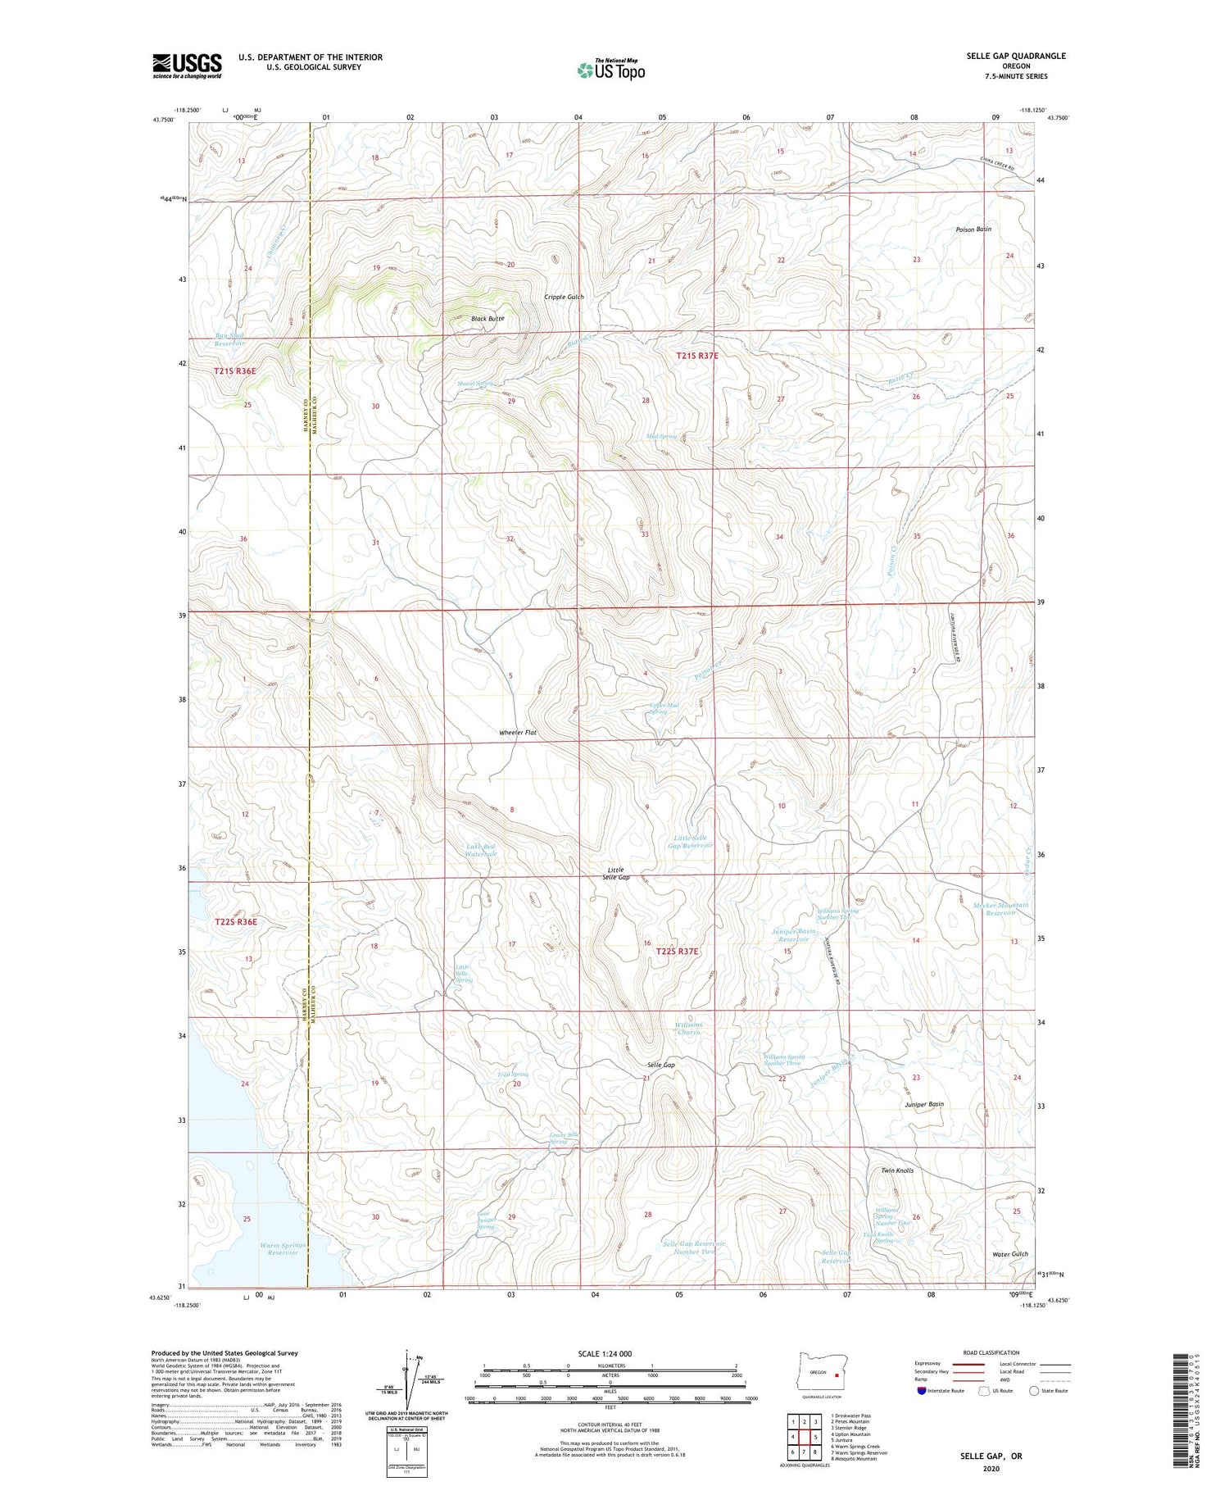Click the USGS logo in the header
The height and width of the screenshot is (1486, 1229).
click(187, 66)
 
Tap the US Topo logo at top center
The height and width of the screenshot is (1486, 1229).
click(610, 70)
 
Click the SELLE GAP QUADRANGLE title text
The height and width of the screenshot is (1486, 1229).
click(1015, 56)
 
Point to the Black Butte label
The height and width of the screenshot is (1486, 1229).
click(487, 318)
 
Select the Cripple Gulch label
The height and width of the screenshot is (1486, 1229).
click(564, 297)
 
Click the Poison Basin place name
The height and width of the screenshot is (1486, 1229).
click(973, 229)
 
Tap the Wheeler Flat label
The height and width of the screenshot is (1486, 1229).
click(517, 732)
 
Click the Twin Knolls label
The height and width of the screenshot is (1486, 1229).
click(896, 1170)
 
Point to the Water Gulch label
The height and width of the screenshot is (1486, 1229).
click(1009, 1254)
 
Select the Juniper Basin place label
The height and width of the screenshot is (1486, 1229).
click(923, 1104)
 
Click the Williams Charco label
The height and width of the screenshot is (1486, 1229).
click(688, 1029)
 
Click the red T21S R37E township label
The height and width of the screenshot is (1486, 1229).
click(697, 356)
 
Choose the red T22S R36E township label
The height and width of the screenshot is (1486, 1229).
click(236, 921)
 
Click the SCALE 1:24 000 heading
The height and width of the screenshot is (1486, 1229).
click(610, 1353)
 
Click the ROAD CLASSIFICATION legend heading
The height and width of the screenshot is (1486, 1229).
click(991, 1352)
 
